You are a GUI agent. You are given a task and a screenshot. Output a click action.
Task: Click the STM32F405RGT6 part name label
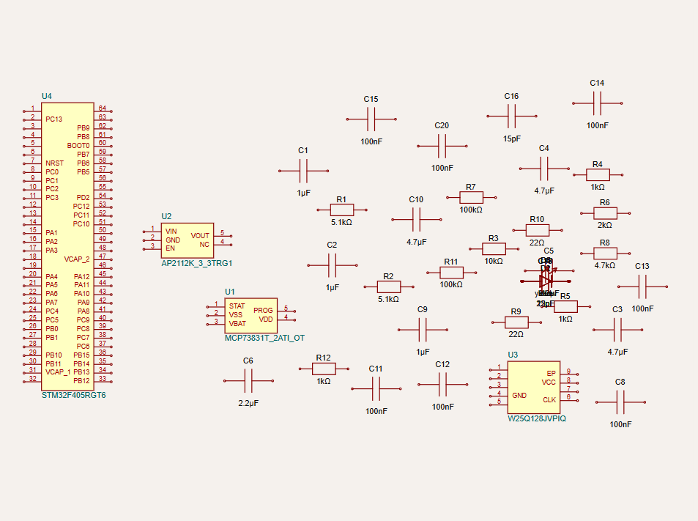click(74, 395)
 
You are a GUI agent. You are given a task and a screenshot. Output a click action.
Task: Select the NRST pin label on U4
click(55, 163)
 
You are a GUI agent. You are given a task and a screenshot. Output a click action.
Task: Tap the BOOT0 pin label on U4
click(78, 145)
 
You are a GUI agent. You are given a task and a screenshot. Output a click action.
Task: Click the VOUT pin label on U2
click(200, 235)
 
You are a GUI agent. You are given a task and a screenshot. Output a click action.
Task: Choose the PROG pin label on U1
click(263, 310)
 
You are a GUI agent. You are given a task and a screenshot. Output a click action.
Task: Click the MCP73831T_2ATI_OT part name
click(264, 338)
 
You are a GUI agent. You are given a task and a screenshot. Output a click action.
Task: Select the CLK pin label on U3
click(549, 399)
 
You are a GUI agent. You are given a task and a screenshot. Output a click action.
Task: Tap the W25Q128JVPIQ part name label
click(537, 419)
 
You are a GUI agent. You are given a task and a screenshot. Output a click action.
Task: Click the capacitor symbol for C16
click(512, 115)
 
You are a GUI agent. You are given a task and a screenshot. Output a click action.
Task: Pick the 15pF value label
click(512, 138)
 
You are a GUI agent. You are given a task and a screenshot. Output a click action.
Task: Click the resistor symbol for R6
click(605, 213)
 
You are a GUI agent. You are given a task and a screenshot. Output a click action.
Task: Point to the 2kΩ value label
click(605, 226)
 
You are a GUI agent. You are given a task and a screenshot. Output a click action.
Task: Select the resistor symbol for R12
click(324, 369)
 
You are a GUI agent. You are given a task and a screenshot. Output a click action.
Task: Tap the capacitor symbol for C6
click(248, 380)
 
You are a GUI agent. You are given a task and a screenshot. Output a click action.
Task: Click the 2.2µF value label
click(248, 403)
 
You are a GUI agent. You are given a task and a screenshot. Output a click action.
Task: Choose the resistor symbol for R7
click(471, 197)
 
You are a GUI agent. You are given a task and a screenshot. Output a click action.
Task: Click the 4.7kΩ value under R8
click(605, 265)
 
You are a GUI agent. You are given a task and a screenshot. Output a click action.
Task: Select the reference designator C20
click(442, 125)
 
